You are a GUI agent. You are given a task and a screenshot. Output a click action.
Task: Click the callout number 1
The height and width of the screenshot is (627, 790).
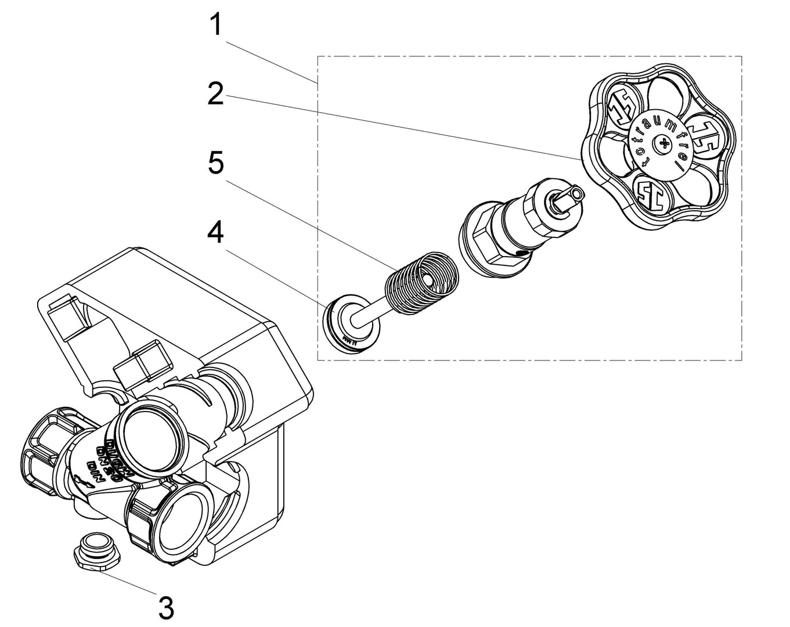point(215,25)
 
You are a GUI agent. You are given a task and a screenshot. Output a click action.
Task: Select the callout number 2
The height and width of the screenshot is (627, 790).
point(215,93)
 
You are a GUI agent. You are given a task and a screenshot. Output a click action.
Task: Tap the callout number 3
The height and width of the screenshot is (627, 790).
point(166,608)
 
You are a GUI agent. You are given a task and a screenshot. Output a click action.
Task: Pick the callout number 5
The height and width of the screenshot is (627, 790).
point(215,163)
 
